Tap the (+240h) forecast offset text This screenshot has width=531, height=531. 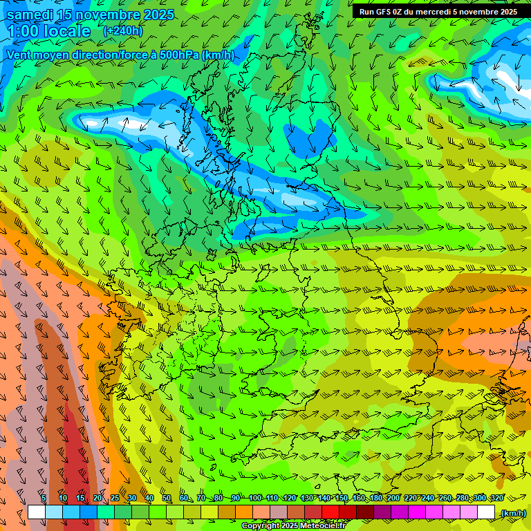coord(122,30)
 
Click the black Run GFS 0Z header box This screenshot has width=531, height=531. coord(438,11)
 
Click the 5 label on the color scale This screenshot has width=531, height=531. coord(44,498)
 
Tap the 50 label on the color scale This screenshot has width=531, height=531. coord(167,498)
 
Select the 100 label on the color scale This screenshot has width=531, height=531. coord(255,498)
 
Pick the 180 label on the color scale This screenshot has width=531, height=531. coord(376,498)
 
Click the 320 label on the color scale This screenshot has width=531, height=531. coord(496,498)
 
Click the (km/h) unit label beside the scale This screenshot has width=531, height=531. coord(513,513)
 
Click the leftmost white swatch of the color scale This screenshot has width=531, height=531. coord(36,512)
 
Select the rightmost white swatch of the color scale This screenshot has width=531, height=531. coord(486,512)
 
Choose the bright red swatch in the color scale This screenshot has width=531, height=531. coord(330,512)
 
